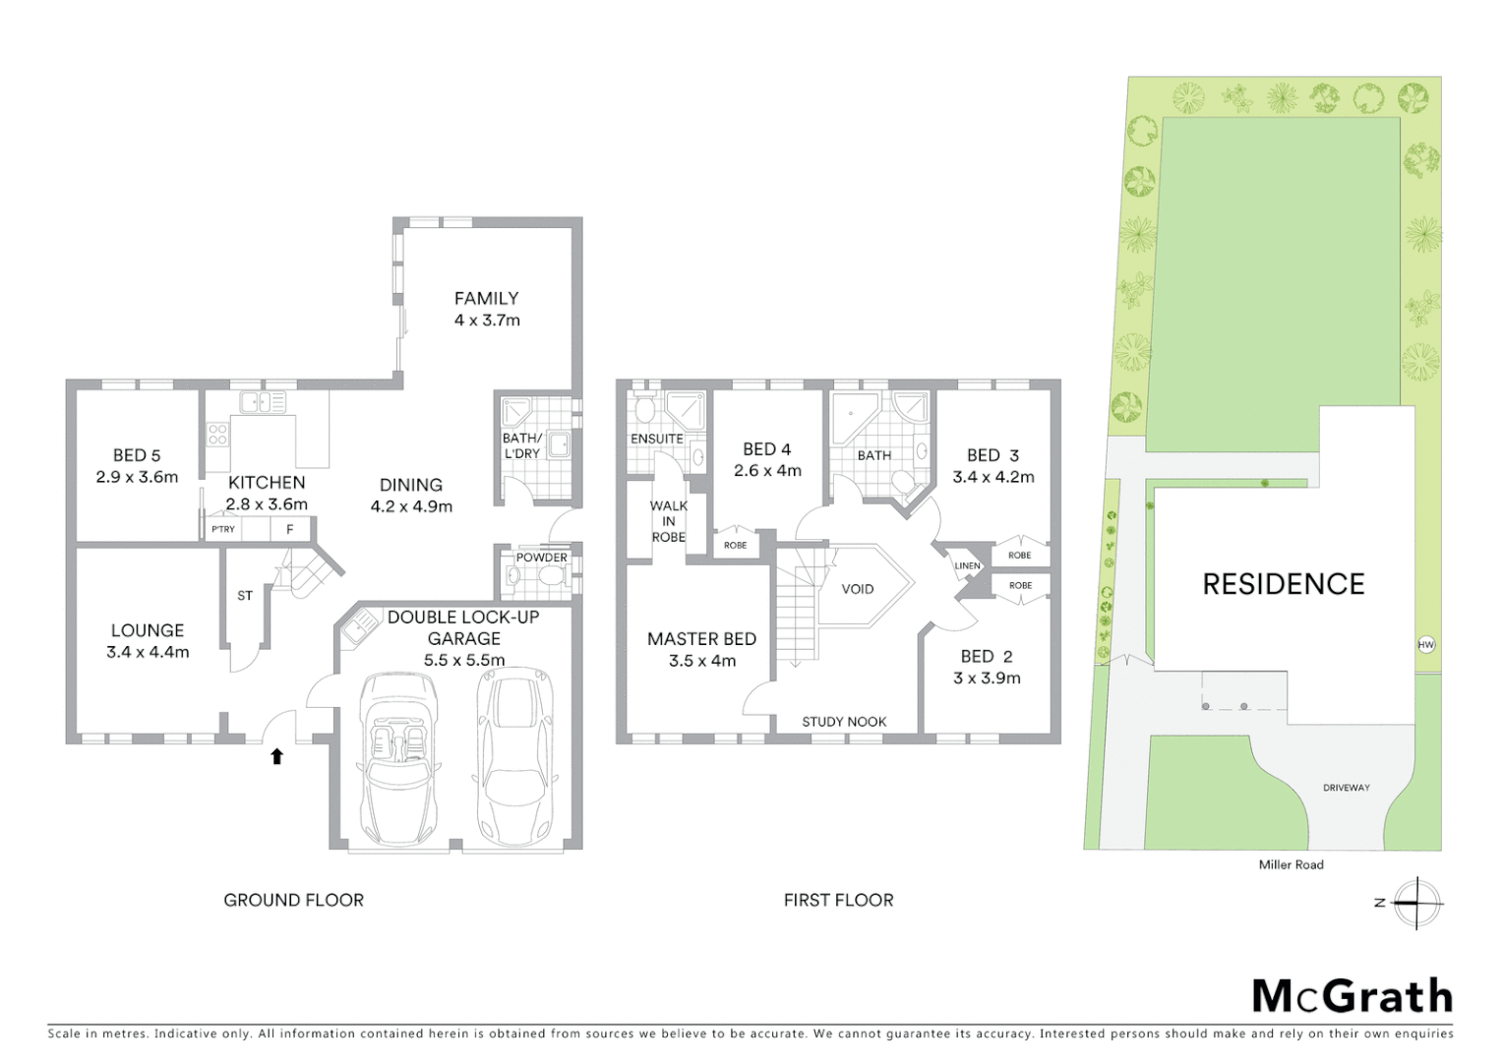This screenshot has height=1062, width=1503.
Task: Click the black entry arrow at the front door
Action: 277,756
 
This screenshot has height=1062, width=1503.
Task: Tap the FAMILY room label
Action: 486,298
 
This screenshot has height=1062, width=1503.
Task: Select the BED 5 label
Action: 137,455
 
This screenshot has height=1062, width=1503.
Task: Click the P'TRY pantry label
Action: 223,529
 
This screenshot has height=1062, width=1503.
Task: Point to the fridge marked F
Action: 290,529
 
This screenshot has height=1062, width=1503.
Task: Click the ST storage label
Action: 245,595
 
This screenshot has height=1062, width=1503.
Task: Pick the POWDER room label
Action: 542,558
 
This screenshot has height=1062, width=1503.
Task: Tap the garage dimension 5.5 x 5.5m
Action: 464,660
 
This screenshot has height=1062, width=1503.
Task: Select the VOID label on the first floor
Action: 858,589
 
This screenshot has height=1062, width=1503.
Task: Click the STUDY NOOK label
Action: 844,722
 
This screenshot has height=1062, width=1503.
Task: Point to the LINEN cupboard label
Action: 967,566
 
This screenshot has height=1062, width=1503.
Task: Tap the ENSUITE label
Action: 657,439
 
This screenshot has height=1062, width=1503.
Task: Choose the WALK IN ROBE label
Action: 669,521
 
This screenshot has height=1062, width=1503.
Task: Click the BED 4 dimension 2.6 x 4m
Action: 767,471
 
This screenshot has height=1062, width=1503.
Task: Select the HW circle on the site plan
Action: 1426,645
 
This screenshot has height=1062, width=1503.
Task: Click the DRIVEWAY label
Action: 1347,788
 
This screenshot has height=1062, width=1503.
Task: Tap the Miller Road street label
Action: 1292,864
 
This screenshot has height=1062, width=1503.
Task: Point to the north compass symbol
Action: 1416,903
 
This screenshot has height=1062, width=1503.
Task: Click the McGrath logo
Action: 1353,996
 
